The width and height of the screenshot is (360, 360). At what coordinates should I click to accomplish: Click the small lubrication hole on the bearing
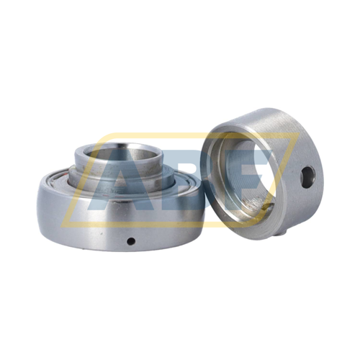pyautogui.click(x=131, y=240)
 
